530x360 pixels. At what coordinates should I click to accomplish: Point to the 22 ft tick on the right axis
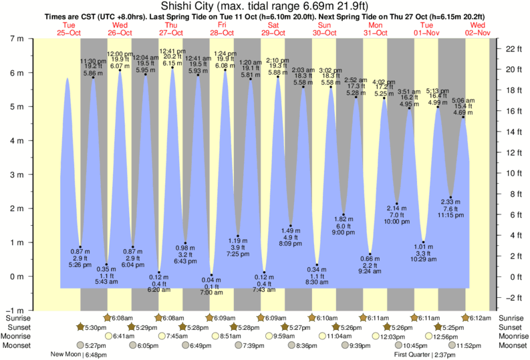[513, 49]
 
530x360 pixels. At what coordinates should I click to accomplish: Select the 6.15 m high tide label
[172, 63]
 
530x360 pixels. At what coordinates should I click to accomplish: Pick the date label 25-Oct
[69, 32]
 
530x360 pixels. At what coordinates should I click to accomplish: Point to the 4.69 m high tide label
[464, 113]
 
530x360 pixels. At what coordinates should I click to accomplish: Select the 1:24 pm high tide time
[224, 53]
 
